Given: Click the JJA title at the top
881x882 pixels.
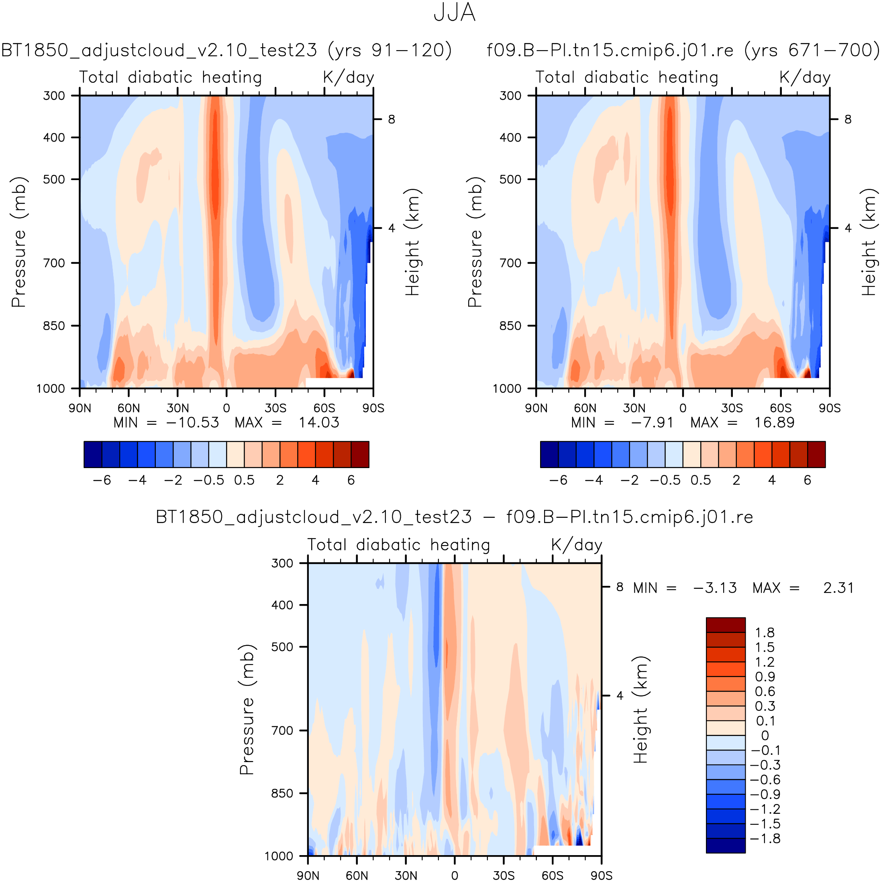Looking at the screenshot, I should coord(454,13).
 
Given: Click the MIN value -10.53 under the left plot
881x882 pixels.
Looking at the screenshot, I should coord(192,422).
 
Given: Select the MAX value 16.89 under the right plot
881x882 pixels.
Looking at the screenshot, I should coord(774,422).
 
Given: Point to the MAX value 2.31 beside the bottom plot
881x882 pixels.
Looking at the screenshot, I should coord(838,588).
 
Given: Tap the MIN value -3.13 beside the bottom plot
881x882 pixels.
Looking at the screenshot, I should coord(715,588).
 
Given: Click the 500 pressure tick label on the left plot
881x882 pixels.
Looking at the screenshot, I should coord(54,179).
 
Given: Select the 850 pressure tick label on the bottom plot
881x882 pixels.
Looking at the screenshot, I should coord(282,793).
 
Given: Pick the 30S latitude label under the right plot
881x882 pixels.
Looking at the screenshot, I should coord(732,408).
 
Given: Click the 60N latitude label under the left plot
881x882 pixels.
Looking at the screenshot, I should coord(128,408).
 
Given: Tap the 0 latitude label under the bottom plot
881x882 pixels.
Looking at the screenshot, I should coord(454,875).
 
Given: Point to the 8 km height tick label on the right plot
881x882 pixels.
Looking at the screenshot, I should coord(848,119).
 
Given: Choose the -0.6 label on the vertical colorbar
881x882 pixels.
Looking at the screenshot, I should coord(765,779).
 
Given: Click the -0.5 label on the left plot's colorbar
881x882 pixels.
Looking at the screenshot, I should coord(208,480).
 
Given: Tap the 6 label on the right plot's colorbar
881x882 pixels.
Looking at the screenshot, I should coord(808,480).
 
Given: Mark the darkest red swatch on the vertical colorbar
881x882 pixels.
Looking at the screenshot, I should coord(726,624).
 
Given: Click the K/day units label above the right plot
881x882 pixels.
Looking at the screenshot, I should coord(805,77).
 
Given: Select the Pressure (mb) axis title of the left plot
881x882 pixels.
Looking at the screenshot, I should coord(19,242).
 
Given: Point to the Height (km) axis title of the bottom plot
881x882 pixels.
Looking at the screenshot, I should coord(640,710).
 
